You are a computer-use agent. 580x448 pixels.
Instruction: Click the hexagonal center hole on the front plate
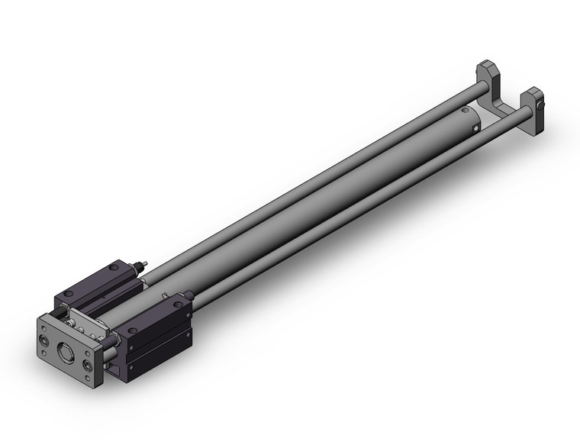65,351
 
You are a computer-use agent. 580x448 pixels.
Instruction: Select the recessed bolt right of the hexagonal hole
89,366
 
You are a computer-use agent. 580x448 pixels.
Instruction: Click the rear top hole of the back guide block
112,266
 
